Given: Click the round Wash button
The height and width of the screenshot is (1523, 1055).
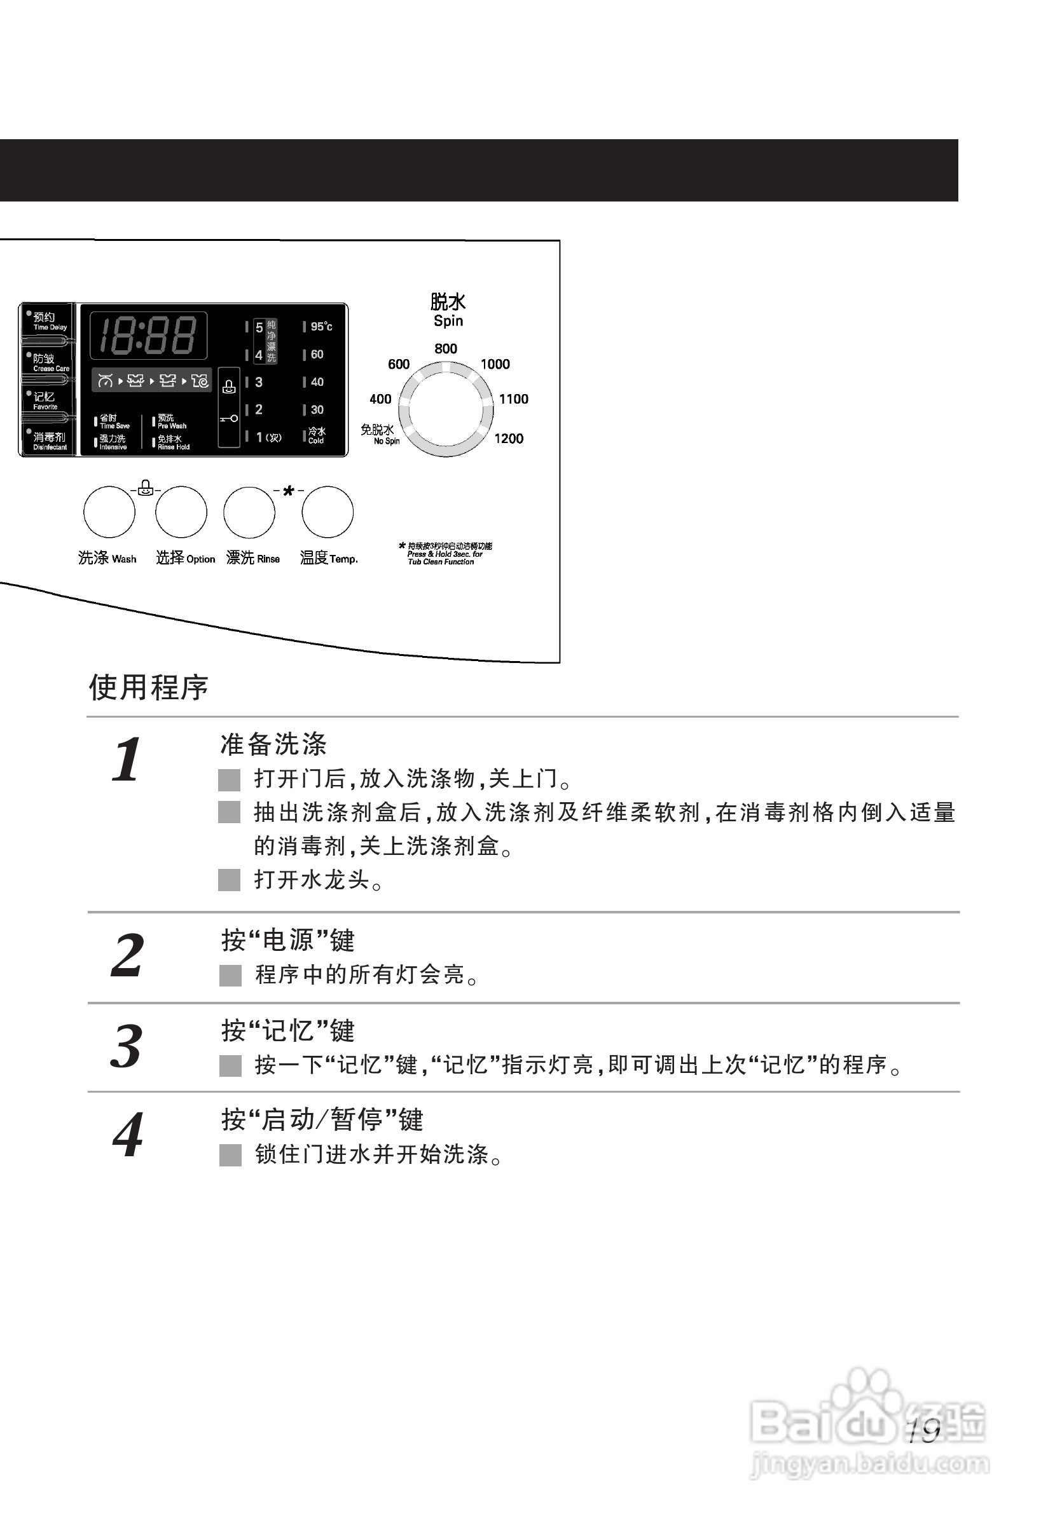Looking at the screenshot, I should pyautogui.click(x=109, y=512).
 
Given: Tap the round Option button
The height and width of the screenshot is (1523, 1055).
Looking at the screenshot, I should pyautogui.click(x=181, y=512).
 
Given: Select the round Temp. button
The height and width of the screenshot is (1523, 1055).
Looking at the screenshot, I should pyautogui.click(x=328, y=512).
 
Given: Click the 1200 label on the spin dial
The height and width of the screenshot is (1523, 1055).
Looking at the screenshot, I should pyautogui.click(x=508, y=439).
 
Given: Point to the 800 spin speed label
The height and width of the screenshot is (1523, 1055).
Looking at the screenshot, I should pyautogui.click(x=446, y=349).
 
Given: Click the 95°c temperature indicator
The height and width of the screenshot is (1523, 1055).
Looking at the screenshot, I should pyautogui.click(x=321, y=327).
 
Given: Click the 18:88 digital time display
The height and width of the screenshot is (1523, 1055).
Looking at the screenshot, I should pyautogui.click(x=148, y=335).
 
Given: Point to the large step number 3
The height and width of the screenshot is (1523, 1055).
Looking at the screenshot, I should pyautogui.click(x=127, y=1047).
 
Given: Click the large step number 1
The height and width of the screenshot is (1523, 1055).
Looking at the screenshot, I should pyautogui.click(x=126, y=760).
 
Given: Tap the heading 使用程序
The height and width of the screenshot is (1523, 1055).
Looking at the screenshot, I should pyautogui.click(x=149, y=687).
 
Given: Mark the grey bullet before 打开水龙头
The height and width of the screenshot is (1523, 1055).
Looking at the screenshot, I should pyautogui.click(x=229, y=880).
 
